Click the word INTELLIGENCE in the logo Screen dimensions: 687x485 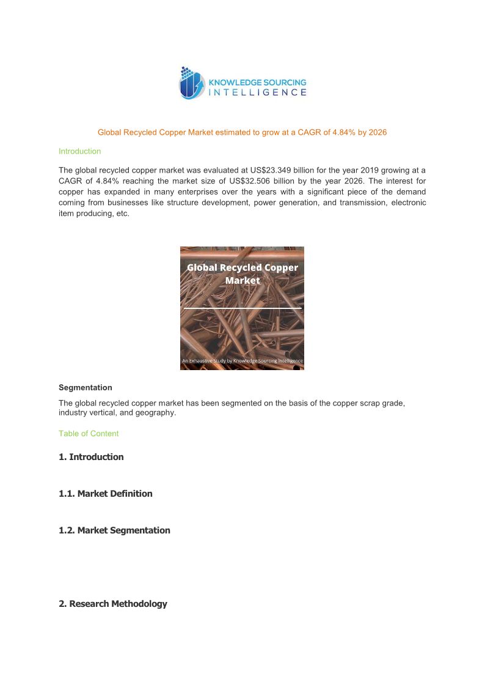(258, 92)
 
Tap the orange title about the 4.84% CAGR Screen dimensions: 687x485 (242, 132)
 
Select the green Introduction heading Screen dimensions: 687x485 (79, 151)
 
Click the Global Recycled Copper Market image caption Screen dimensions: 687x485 (242, 274)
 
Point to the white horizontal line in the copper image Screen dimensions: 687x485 (242, 308)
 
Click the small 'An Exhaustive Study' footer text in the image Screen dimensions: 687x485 (242, 361)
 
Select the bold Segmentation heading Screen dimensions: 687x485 (85, 387)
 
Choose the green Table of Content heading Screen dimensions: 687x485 (89, 434)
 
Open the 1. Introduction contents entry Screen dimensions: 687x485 (91, 457)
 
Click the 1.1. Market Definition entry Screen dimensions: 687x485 (105, 494)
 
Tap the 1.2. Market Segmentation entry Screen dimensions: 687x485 (114, 530)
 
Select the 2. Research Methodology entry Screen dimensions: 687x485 (112, 604)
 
